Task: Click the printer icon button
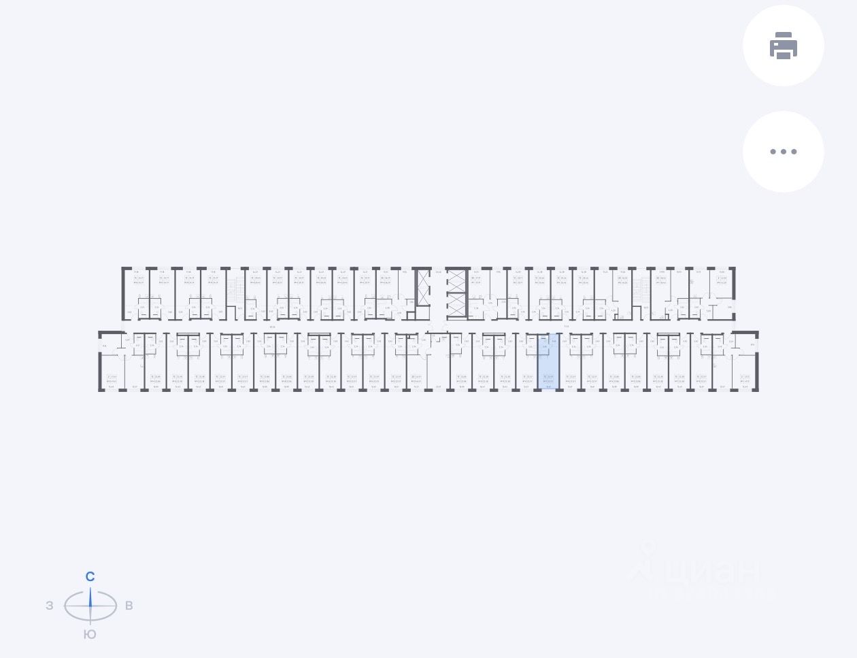(x=783, y=46)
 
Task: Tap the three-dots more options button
(x=783, y=152)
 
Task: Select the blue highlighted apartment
(x=549, y=363)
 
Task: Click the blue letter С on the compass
(x=90, y=577)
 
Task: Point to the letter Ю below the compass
(x=90, y=634)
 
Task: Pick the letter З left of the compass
(x=50, y=606)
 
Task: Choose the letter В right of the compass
(x=129, y=606)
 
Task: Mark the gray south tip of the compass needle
(x=90, y=618)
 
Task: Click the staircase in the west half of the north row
(x=236, y=289)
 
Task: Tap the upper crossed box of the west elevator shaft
(x=423, y=281)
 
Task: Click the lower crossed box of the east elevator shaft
(x=456, y=306)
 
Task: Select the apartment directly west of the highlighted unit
(x=527, y=363)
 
